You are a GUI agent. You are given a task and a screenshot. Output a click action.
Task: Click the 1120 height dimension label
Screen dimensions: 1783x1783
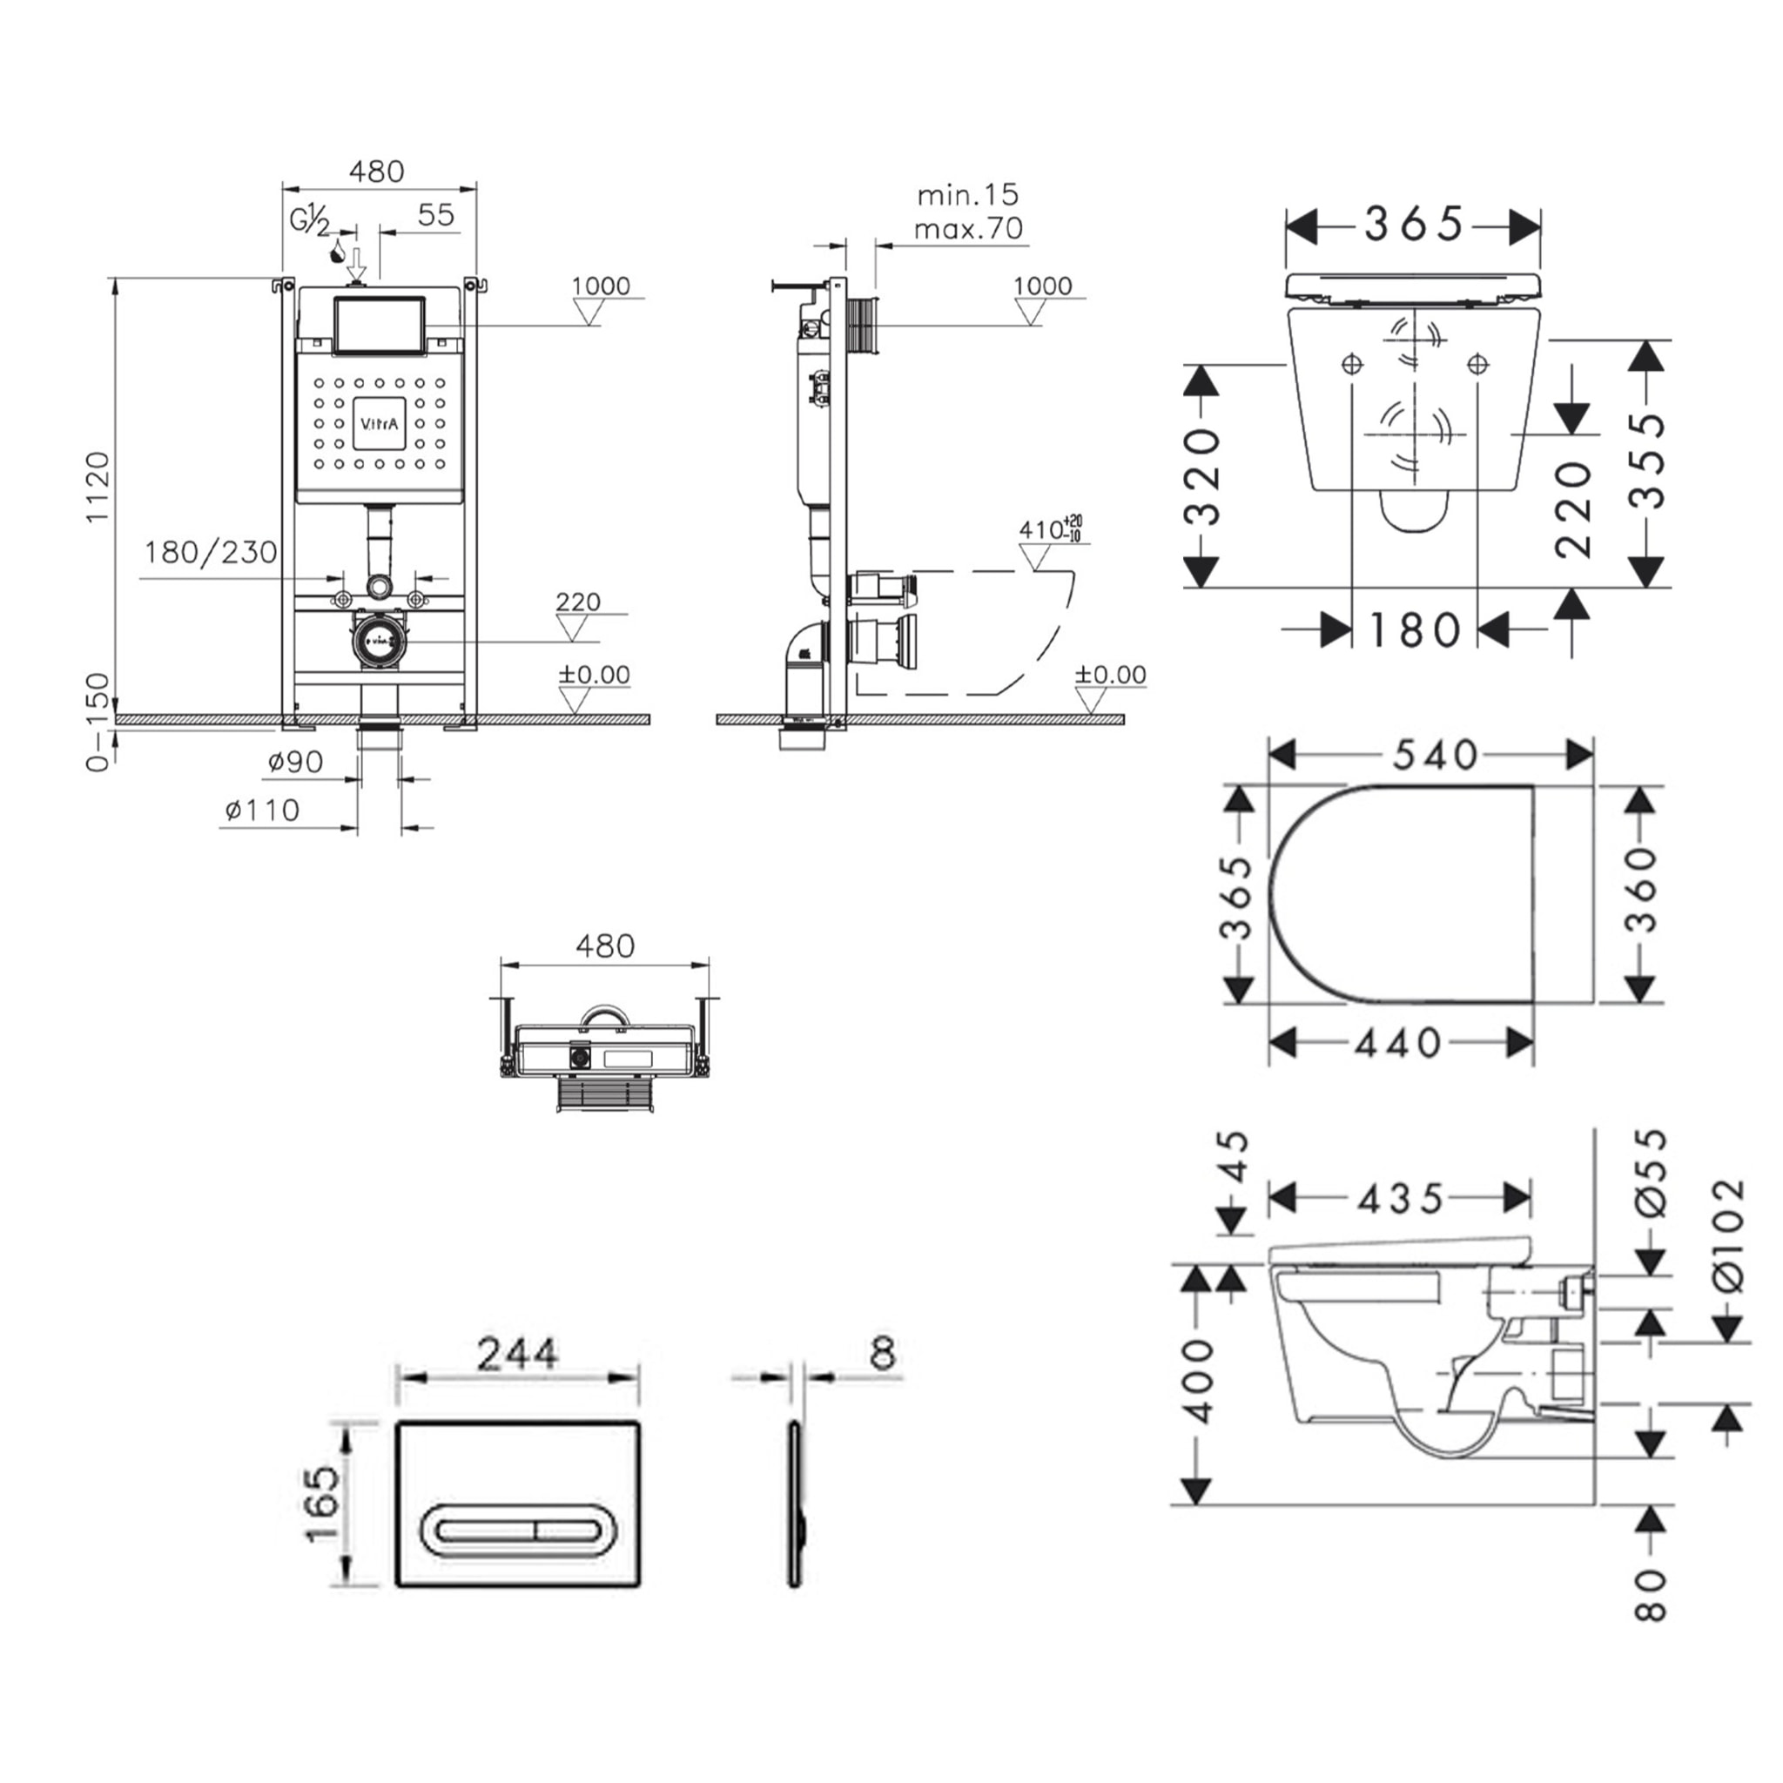98,488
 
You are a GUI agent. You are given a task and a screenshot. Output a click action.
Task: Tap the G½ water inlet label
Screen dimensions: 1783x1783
309,221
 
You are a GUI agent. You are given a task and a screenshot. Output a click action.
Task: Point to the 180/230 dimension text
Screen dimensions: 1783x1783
211,553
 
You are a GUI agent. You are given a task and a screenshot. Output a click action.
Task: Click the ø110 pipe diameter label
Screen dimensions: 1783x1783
262,811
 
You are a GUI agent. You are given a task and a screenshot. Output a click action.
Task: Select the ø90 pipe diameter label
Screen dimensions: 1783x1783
295,763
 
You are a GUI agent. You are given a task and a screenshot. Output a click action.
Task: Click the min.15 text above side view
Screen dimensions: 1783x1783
968,196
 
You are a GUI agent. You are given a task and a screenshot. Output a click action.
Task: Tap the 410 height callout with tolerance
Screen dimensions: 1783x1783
1049,529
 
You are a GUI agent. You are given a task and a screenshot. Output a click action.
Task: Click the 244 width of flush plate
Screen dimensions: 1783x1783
517,1355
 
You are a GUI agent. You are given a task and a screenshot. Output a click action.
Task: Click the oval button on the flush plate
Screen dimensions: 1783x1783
520,1531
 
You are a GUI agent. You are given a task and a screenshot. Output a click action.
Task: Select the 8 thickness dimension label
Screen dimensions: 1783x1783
885,1353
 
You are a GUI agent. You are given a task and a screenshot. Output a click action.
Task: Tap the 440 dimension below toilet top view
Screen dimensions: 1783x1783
1397,1044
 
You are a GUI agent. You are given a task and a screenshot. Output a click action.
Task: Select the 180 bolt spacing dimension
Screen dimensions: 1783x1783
1414,631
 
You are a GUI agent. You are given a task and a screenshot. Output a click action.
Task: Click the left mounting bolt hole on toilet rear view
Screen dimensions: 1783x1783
1353,365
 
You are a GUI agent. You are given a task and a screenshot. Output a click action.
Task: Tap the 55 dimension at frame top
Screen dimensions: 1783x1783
435,215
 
